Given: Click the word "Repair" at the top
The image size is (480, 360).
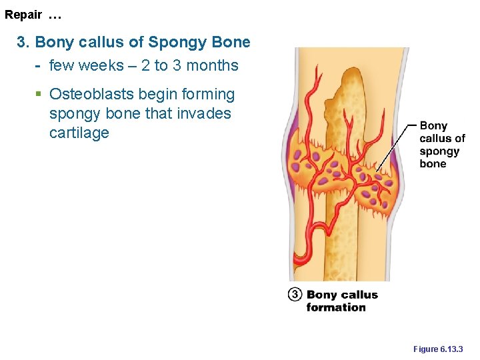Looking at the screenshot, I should (x=23, y=14).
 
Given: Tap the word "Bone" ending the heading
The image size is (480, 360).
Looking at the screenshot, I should (x=231, y=42).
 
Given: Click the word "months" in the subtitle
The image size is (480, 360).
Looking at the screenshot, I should (x=213, y=65).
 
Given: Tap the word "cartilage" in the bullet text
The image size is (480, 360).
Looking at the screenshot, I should (x=79, y=133).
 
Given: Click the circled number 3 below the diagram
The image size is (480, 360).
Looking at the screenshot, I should (x=295, y=294).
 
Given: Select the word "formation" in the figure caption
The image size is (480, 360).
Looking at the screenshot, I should (x=336, y=307).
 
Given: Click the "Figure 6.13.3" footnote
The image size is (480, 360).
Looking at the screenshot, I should (x=438, y=349).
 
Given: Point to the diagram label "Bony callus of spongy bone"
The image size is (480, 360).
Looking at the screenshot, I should (x=441, y=145).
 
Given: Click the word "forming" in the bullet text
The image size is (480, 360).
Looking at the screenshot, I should (x=208, y=95).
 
